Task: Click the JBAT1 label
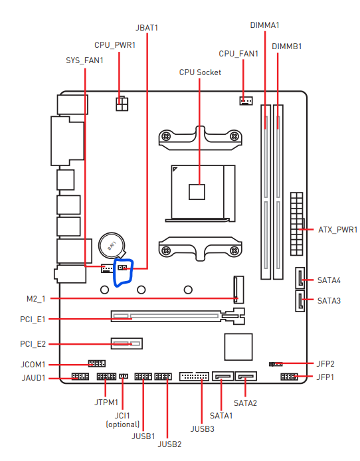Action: click(x=147, y=28)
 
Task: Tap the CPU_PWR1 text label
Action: click(x=115, y=45)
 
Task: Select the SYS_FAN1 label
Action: click(x=84, y=60)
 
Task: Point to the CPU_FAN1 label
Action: click(x=238, y=54)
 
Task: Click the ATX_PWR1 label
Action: click(x=338, y=230)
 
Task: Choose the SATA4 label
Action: click(x=329, y=280)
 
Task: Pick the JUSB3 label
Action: click(x=203, y=429)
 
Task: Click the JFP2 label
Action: click(x=325, y=364)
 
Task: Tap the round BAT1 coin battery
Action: click(x=112, y=245)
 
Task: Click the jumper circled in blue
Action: click(x=123, y=268)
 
